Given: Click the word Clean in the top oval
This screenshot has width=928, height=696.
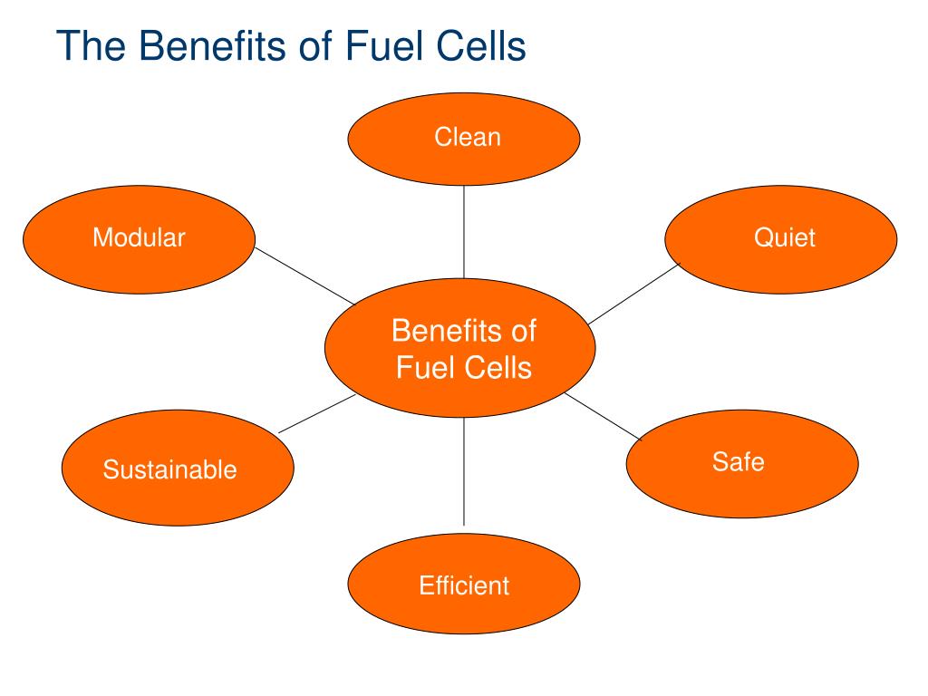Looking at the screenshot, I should tap(467, 138).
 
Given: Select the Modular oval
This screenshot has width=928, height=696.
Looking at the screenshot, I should tap(139, 239).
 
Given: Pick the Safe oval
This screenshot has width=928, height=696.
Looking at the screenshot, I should tap(742, 463).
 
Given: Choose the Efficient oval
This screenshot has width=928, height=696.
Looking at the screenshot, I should tap(464, 585).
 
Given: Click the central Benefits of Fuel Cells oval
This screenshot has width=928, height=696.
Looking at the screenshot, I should tap(460, 349).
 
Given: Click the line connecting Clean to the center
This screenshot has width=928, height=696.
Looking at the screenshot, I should tap(464, 231).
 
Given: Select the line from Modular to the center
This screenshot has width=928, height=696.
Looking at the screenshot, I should tap(304, 277).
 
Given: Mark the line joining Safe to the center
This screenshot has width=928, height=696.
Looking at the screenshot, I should tap(603, 416).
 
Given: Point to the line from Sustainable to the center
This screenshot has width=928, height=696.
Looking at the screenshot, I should tap(317, 413).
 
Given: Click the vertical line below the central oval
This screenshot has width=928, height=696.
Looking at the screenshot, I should tap(464, 471).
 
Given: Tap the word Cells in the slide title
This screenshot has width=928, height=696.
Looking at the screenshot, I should tap(481, 45).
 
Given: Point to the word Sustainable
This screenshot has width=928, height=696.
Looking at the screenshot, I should tap(169, 469).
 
